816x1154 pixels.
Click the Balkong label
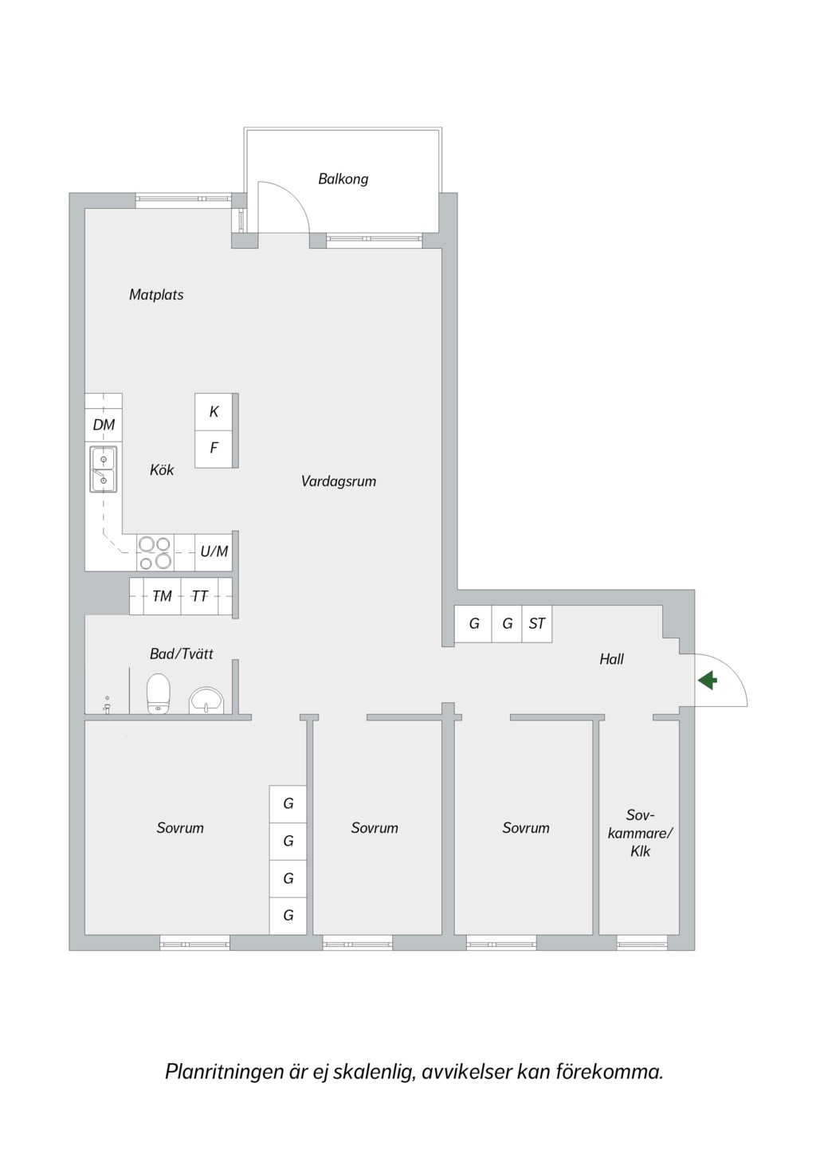[x=343, y=179]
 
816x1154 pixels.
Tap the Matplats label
[x=156, y=295]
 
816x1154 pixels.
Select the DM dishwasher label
[x=104, y=425]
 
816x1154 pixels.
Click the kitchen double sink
[x=104, y=469]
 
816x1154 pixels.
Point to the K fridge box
[x=214, y=411]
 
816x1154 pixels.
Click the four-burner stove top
[x=155, y=552]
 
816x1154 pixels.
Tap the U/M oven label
[x=214, y=551]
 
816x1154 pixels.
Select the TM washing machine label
[x=163, y=596]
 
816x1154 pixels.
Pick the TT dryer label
[x=199, y=596]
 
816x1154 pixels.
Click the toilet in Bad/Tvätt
[x=158, y=693]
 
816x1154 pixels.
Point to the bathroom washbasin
[x=206, y=700]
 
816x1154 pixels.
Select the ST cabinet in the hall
[x=537, y=624]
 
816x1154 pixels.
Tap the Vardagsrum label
[x=339, y=481]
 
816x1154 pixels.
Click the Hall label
[x=611, y=659]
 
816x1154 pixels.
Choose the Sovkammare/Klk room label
[x=641, y=833]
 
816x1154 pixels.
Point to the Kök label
[x=162, y=469]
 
